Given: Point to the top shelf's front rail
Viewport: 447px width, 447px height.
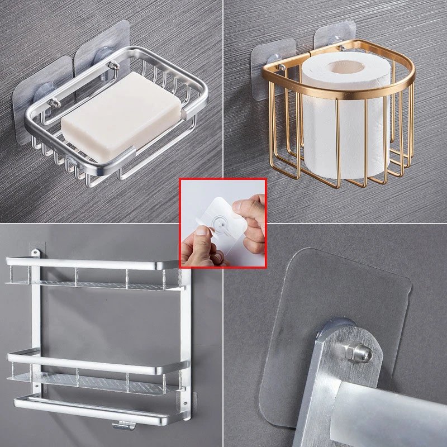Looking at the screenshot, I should pyautogui.click(x=95, y=263).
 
